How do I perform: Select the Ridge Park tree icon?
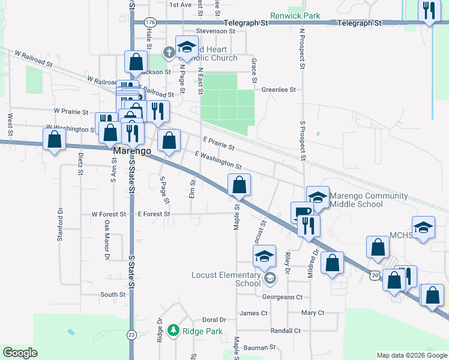pos(173,331)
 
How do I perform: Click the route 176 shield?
pos(150,22)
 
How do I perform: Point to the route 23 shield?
pos(132,334)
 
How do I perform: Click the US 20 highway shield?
pos(375,275)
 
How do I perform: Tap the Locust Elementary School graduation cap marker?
pos(264,256)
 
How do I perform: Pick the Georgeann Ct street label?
pos(282,296)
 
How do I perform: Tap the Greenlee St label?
pos(279,90)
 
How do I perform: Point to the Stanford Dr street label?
pos(60,224)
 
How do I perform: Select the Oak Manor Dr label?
pos(107,240)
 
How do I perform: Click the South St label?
pos(113,295)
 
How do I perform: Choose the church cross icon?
pos(169,52)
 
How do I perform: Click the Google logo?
pos(20,353)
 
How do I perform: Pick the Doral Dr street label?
pos(214,320)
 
